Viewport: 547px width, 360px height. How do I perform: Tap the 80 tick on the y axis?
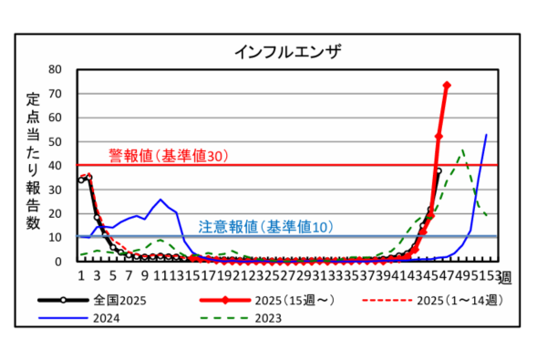(55, 69)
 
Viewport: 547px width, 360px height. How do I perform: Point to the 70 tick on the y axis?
(55, 93)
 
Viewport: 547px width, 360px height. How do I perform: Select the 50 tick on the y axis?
(55, 141)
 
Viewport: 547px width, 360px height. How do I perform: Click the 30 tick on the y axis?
(55, 189)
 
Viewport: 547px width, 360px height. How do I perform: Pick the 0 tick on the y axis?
(58, 261)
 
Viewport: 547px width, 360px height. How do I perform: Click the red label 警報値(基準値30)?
(167, 156)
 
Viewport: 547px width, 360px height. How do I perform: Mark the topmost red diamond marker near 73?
(447, 86)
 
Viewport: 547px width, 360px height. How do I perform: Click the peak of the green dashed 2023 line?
(463, 150)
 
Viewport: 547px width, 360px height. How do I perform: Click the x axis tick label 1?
(80, 273)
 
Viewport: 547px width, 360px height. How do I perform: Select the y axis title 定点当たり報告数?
(32, 164)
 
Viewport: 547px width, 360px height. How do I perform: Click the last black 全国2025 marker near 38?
(439, 170)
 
